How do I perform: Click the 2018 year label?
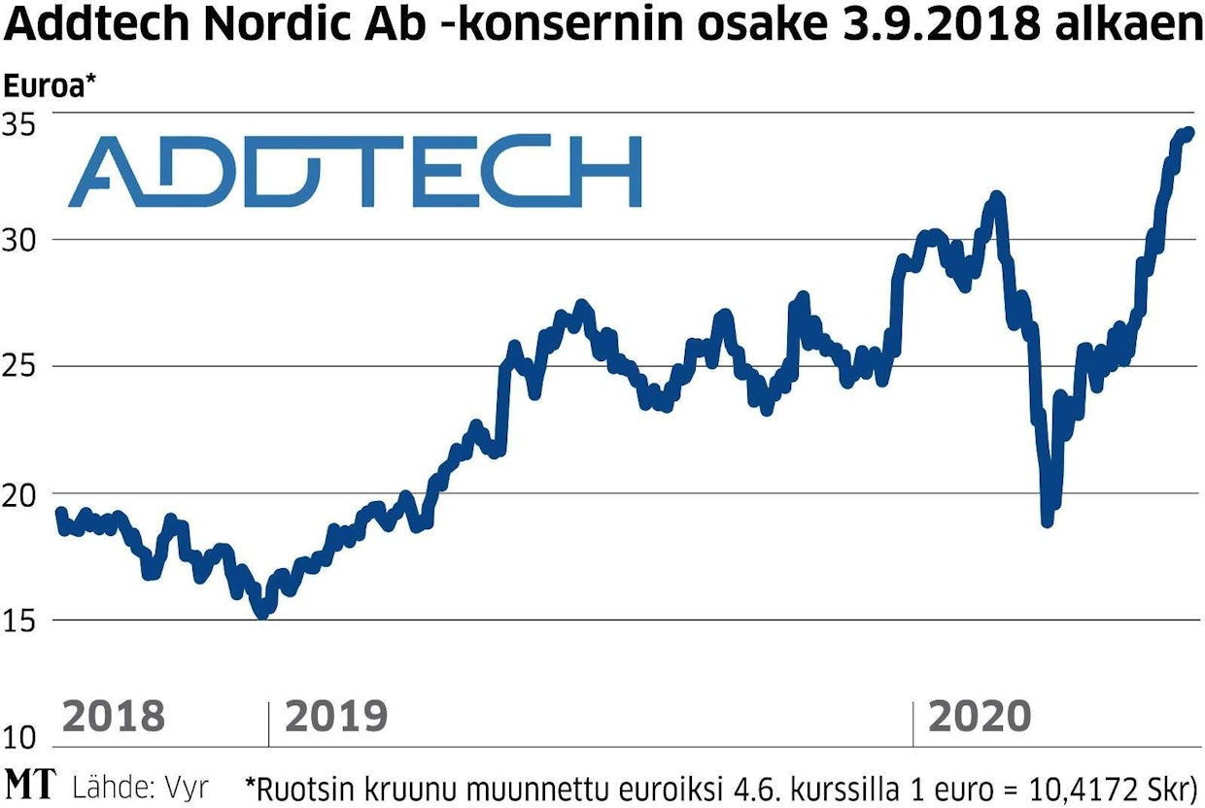tap(113, 717)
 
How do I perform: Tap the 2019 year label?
tap(336, 717)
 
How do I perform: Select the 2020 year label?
tap(979, 717)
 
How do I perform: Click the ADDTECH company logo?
tap(355, 171)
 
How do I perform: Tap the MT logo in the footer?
tap(30, 785)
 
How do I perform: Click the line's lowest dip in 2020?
tap(1047, 522)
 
